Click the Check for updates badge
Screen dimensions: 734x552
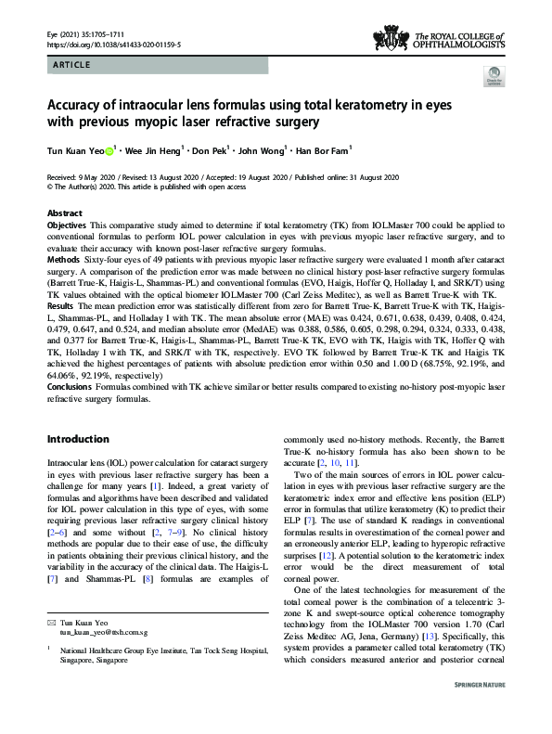pyautogui.click(x=493, y=82)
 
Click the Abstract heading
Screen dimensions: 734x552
pyautogui.click(x=63, y=212)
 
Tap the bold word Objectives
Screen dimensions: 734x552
pyautogui.click(x=70, y=225)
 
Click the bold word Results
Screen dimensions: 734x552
pyautogui.click(x=62, y=318)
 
